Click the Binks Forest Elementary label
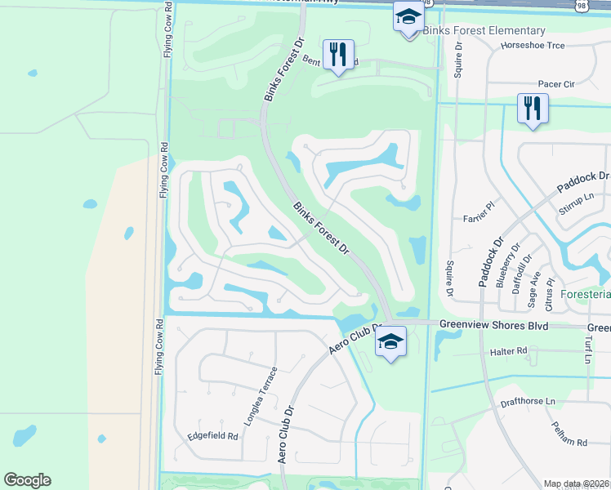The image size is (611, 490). coord(484,31)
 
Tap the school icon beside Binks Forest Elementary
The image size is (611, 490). coord(408,15)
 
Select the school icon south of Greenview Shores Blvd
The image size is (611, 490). coord(391,341)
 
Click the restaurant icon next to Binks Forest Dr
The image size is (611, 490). coord(337,55)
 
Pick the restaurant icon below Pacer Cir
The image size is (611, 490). coord(533,109)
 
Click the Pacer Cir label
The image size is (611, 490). coord(557,83)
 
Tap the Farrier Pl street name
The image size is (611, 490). coord(479,216)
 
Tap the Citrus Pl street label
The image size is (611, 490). coord(551,298)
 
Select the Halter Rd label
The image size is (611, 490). coord(509,351)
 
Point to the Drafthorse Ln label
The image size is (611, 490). coord(528,402)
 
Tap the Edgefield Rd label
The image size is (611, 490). coord(212,436)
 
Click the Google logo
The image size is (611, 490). coord(27,480)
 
